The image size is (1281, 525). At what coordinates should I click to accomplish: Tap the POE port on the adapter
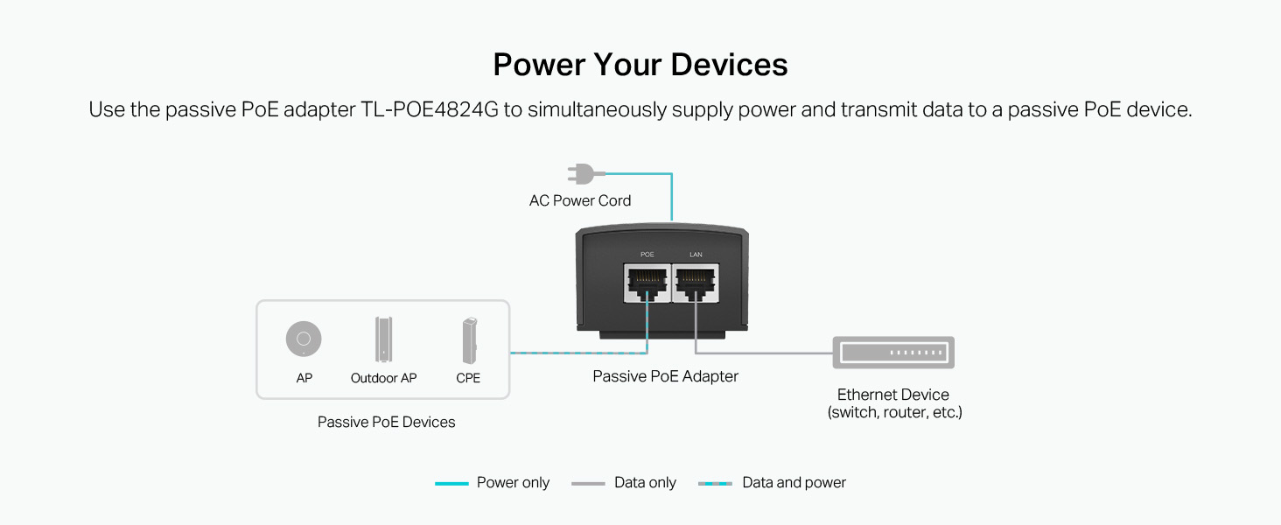point(647,283)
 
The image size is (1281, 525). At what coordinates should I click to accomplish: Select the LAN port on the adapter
point(696,283)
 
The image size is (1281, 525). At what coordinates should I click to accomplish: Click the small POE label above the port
point(647,255)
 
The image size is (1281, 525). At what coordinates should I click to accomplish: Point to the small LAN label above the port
point(696,255)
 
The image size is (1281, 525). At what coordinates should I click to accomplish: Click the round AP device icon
point(304,339)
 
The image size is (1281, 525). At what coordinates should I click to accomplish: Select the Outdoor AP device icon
point(383,339)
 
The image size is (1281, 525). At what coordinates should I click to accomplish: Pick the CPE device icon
point(470,340)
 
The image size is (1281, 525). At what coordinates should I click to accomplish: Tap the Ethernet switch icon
point(893,353)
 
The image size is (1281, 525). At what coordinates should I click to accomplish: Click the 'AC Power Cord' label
point(580,200)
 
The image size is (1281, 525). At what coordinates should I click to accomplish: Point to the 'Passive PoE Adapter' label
point(665,376)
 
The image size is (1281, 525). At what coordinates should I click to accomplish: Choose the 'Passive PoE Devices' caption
point(386,422)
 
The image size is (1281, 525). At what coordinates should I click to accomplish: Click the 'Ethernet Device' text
point(892,395)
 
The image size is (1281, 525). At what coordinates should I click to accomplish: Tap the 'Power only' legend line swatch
point(451,484)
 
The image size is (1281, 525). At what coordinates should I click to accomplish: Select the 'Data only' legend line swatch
point(588,484)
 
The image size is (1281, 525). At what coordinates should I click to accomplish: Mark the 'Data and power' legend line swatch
point(715,484)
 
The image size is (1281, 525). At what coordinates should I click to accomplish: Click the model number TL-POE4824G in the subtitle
point(430,109)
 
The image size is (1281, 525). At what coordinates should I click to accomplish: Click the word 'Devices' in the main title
point(729,64)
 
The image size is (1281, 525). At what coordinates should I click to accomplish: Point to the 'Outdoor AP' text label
point(383,378)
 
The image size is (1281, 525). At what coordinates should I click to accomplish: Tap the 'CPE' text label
point(468,378)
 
